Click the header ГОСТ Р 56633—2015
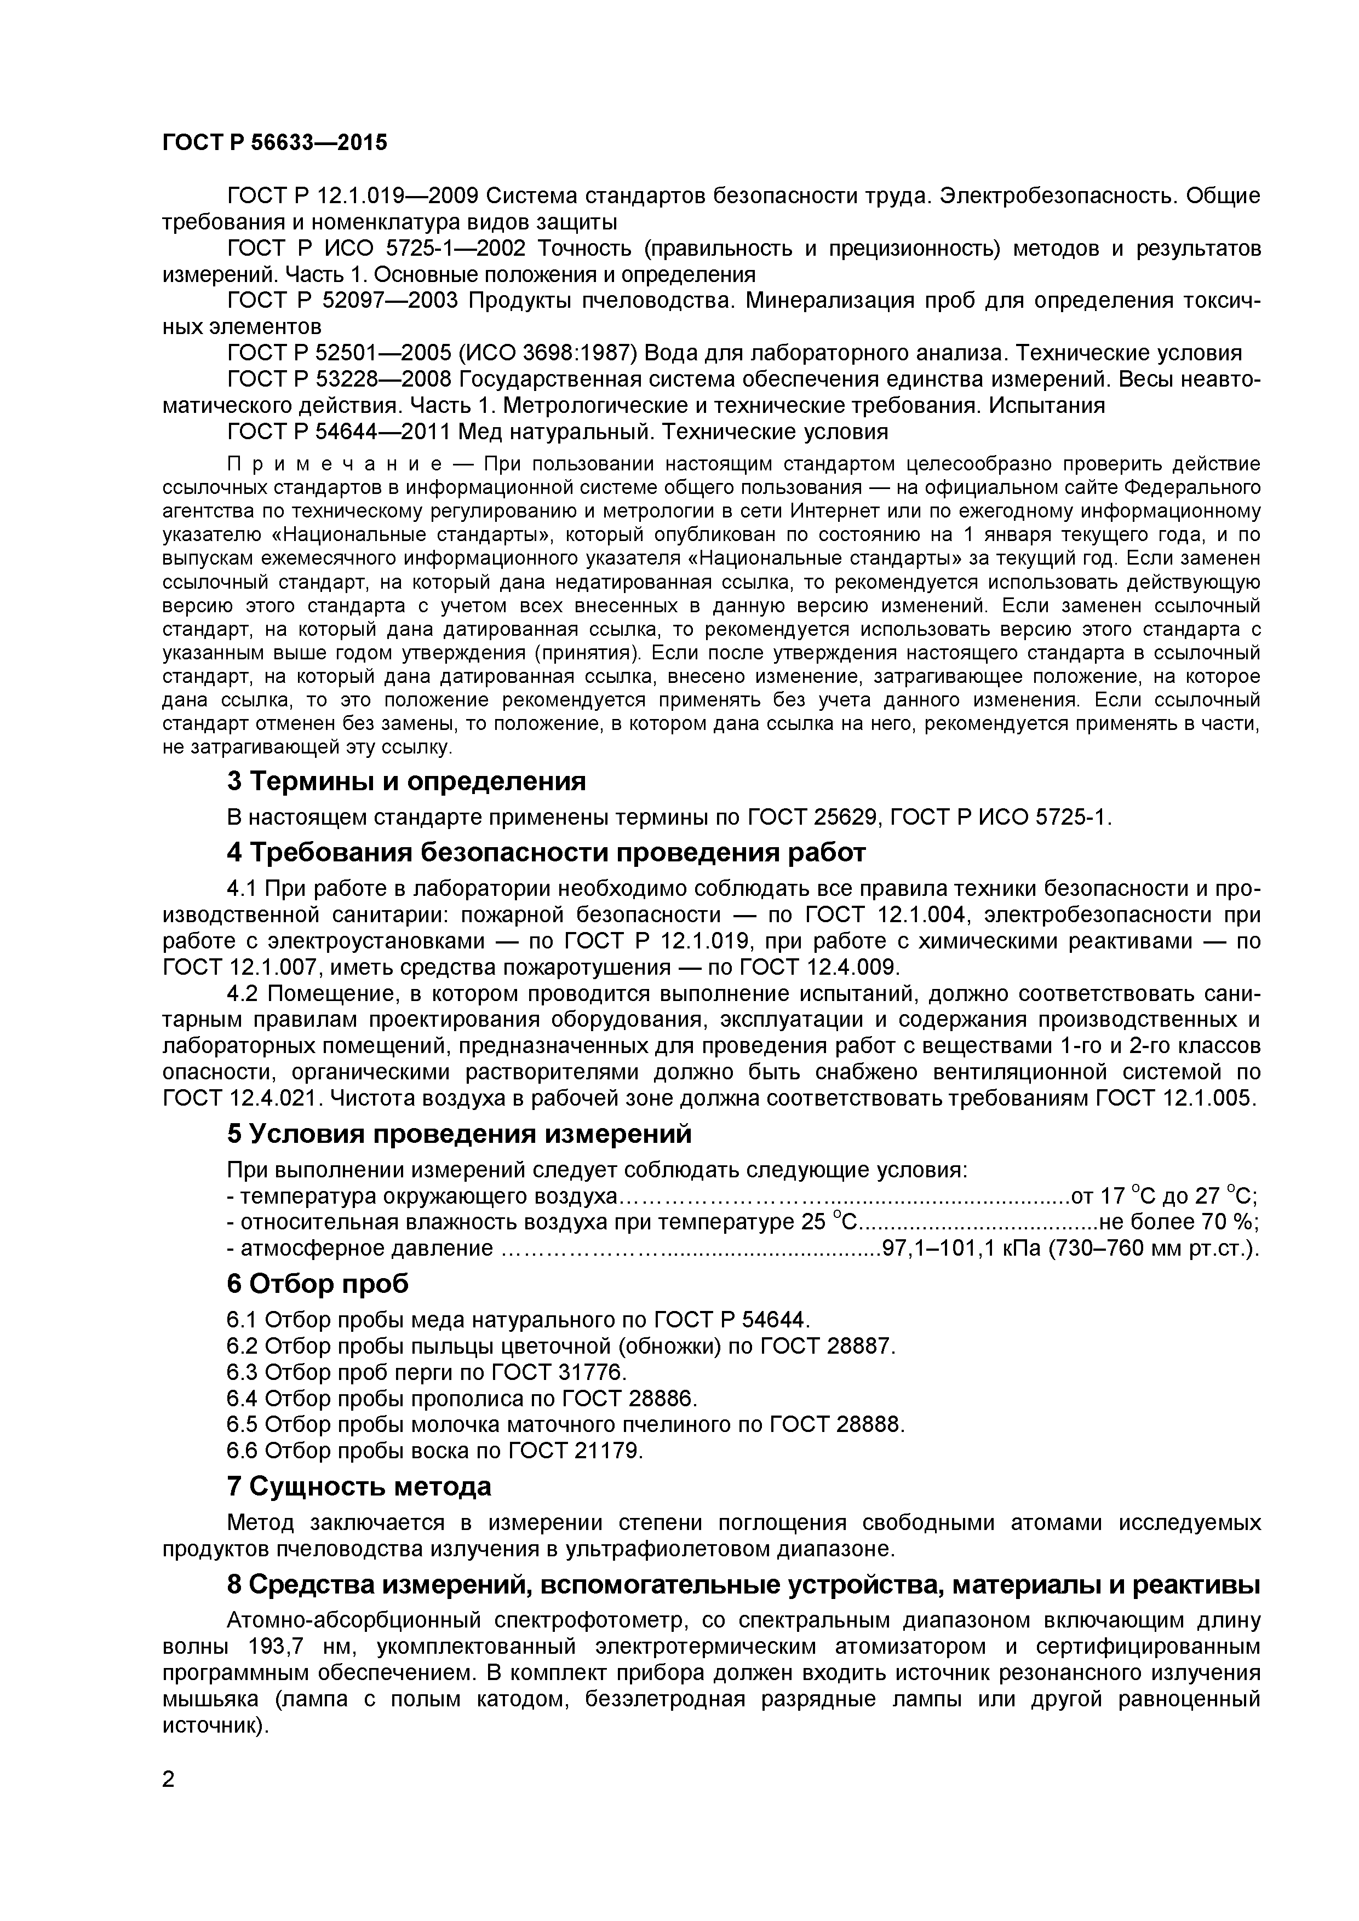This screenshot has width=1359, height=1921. pyautogui.click(x=274, y=143)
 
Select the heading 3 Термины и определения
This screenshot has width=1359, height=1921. pyautogui.click(x=406, y=781)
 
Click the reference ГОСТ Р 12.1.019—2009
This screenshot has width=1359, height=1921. pyautogui.click(x=352, y=196)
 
